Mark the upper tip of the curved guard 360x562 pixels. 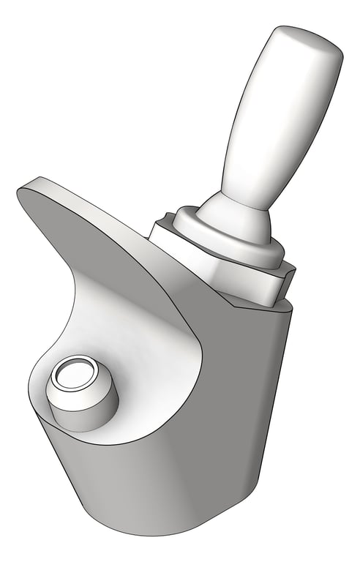click(x=29, y=189)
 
